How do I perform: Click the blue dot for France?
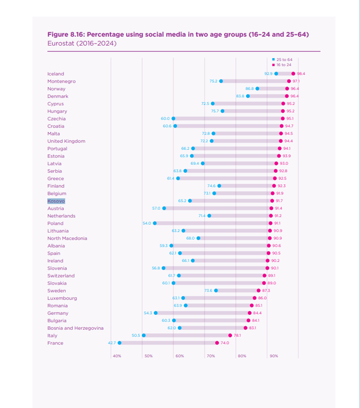(119, 343)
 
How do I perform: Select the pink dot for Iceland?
(293, 73)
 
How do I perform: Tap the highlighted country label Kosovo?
(56, 201)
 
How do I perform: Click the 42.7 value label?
(112, 343)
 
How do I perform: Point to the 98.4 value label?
(301, 73)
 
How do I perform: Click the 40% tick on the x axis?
(117, 356)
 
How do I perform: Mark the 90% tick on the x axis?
(274, 356)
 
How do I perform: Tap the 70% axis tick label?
(211, 356)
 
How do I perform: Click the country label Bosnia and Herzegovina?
(75, 328)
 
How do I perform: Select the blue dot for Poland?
(155, 223)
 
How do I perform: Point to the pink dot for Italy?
(230, 335)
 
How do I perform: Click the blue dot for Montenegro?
(221, 81)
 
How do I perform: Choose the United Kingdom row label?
(66, 141)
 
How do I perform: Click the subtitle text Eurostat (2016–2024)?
(82, 43)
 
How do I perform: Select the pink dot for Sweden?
(259, 290)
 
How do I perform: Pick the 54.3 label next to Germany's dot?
(148, 313)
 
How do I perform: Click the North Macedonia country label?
(67, 238)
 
